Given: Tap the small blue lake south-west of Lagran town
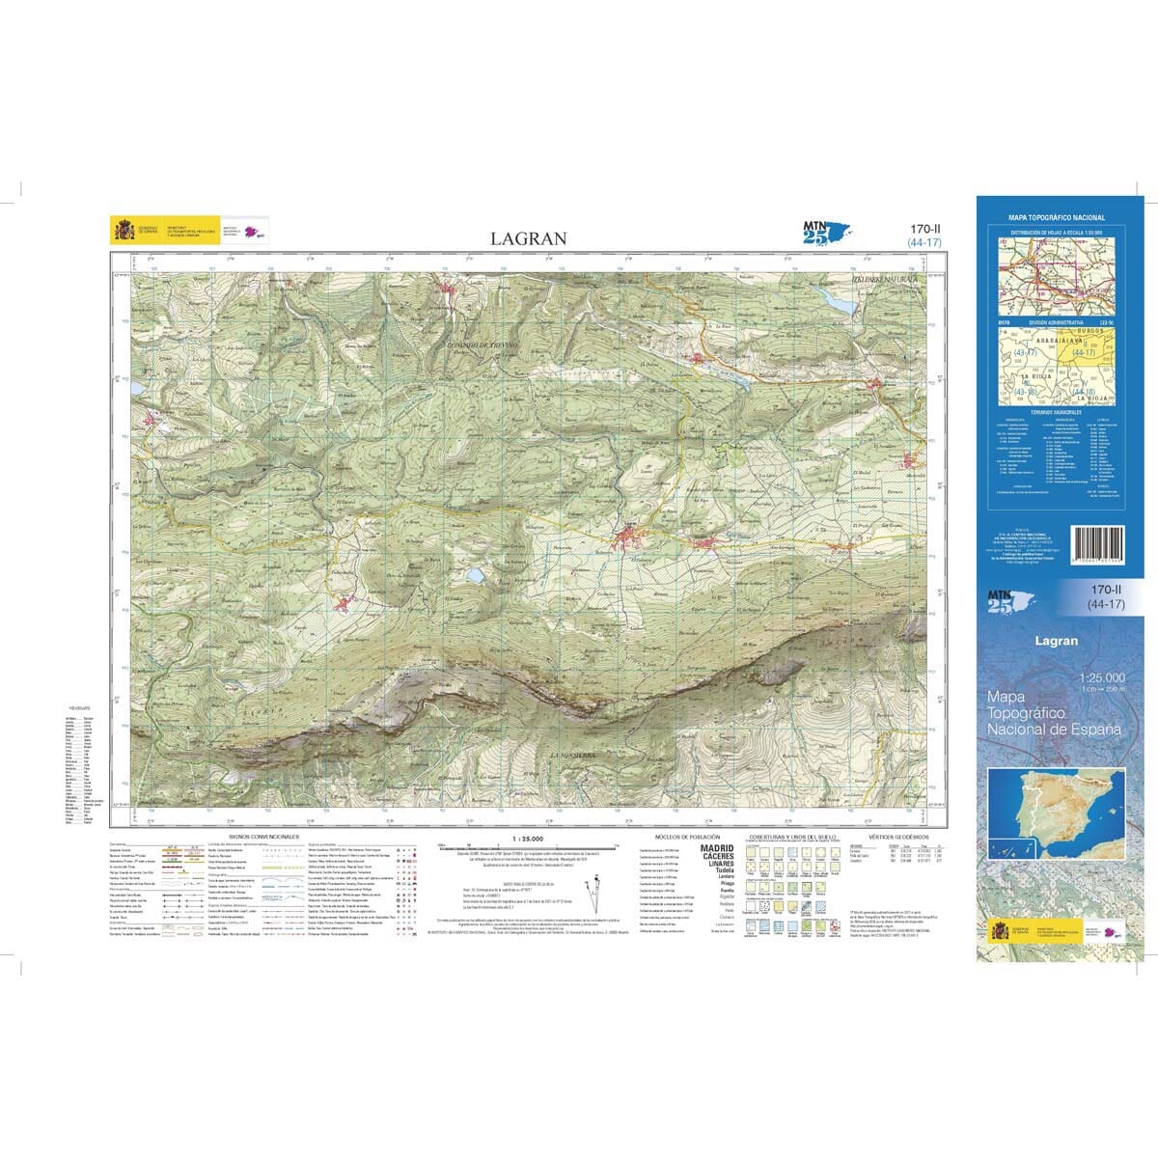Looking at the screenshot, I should [x=477, y=575].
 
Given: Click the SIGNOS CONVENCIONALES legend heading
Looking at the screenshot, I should [x=263, y=837].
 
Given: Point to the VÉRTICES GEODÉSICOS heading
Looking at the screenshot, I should [x=897, y=837].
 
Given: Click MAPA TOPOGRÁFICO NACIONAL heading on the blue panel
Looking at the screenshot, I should [x=1057, y=219].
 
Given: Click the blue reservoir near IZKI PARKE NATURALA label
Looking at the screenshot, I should [x=838, y=301].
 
